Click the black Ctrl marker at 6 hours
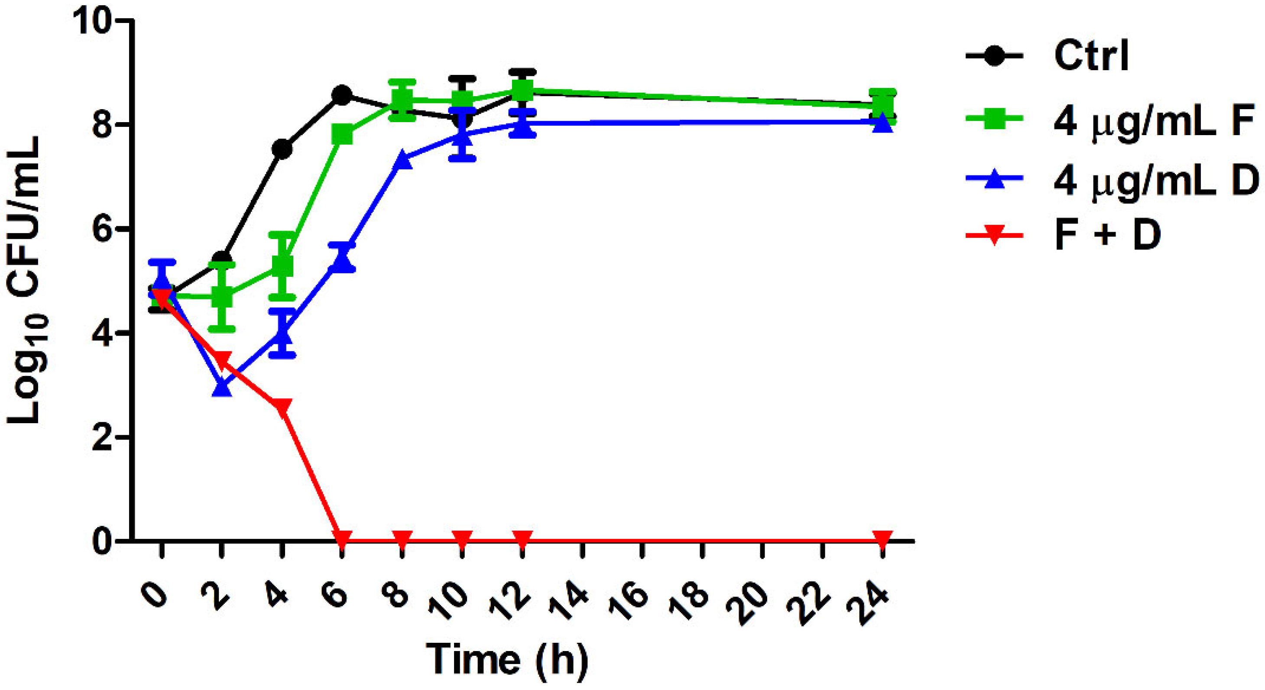[x=342, y=94]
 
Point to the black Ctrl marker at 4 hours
[x=282, y=149]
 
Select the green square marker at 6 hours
[x=342, y=134]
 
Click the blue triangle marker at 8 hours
[x=402, y=159]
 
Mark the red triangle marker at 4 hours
[x=282, y=407]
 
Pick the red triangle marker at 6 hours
[x=342, y=538]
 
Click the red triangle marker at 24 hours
[x=882, y=538]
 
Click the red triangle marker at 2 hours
[x=222, y=360]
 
